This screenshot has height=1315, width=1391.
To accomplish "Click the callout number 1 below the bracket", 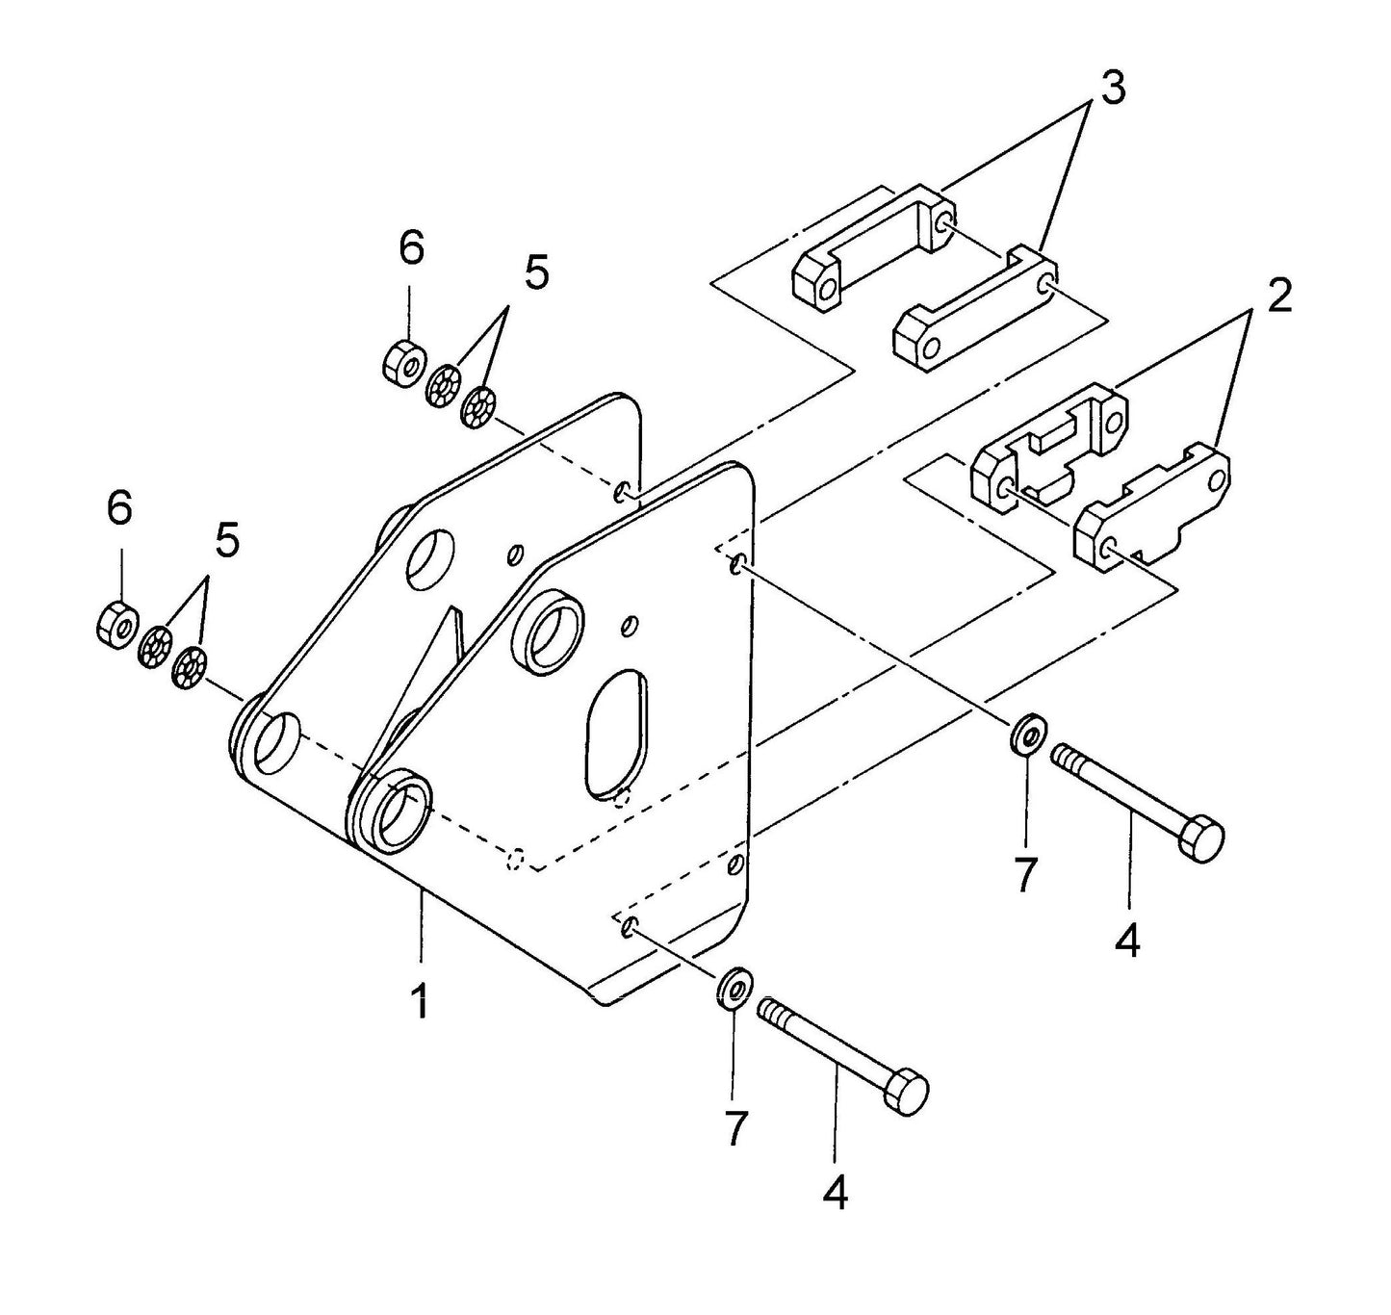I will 419,1001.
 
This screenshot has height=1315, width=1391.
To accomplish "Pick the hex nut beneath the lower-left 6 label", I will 118,623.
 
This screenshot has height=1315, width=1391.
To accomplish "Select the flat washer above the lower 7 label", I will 734,987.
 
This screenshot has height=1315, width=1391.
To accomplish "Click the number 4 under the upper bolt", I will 1127,939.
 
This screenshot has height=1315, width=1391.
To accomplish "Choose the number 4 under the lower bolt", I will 835,1194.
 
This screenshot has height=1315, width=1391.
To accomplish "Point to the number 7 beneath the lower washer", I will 734,1128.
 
